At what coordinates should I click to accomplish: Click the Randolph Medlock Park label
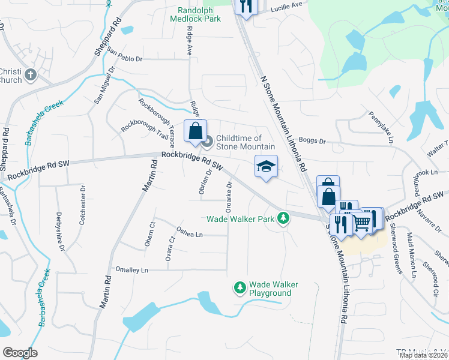pyautogui.click(x=200, y=14)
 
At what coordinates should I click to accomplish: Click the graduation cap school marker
pyautogui.click(x=265, y=166)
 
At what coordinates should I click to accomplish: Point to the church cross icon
pyautogui.click(x=31, y=76)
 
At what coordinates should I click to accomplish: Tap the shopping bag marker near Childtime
pyautogui.click(x=196, y=131)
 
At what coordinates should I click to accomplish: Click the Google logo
pyautogui.click(x=20, y=353)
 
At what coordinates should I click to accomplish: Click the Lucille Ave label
pyautogui.click(x=286, y=5)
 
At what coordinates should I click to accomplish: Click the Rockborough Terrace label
pyautogui.click(x=156, y=123)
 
